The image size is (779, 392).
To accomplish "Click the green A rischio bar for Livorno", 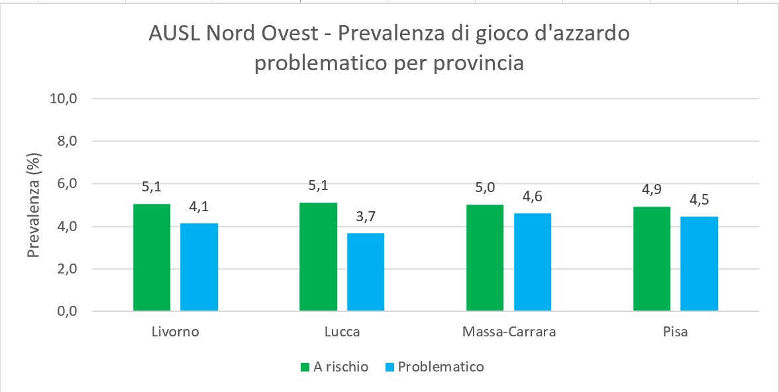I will click(152, 258).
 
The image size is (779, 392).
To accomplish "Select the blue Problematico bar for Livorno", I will click(199, 268).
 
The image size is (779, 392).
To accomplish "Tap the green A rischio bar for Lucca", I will click(319, 257).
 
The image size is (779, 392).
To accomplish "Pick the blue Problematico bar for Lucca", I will click(366, 272).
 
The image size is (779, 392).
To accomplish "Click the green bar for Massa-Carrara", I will click(485, 258).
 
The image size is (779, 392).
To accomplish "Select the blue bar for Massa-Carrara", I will click(533, 262).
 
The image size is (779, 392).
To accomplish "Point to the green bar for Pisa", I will click(652, 259).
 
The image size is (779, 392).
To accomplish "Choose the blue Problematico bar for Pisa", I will click(700, 264).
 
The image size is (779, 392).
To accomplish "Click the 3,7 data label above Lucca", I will click(366, 217).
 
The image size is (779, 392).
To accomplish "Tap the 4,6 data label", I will click(533, 197).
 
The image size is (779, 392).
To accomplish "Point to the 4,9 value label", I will click(652, 191).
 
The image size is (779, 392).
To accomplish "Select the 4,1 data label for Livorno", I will click(199, 207).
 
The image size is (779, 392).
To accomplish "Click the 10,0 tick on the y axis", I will click(64, 99).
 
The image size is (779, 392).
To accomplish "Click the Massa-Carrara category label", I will click(509, 332).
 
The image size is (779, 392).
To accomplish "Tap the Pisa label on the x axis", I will click(675, 332).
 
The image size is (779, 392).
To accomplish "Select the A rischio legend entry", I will click(335, 367).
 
